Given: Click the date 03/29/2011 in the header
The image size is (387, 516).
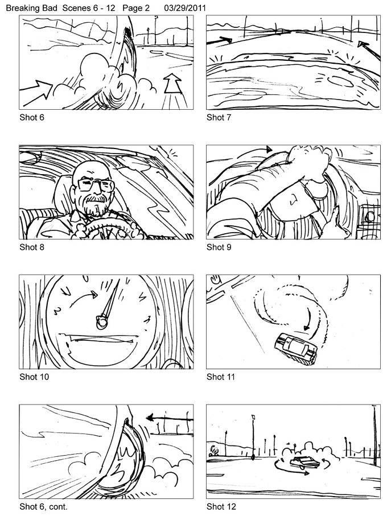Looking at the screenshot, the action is click(x=185, y=8).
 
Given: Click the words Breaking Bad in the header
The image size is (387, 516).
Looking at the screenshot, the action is click(x=32, y=8).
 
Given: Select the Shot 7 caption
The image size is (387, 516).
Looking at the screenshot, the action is click(x=219, y=118).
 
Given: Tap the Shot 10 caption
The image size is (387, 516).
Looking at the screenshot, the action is click(x=34, y=377).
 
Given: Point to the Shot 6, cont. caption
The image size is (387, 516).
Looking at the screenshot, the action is click(x=43, y=507).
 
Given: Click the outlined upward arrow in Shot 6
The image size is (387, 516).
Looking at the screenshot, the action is click(x=172, y=85).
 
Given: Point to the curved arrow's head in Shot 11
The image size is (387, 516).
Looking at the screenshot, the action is click(x=307, y=328).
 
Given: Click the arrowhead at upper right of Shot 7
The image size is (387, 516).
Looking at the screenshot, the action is click(x=363, y=44).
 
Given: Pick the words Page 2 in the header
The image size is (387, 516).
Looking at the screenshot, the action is click(x=136, y=8).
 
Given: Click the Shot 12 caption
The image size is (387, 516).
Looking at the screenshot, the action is click(x=221, y=507).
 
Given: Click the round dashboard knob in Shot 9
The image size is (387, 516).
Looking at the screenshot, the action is click(x=370, y=217).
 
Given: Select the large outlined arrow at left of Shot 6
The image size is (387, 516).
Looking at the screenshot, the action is click(x=36, y=89).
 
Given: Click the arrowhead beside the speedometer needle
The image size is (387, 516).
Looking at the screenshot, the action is click(x=95, y=294).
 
